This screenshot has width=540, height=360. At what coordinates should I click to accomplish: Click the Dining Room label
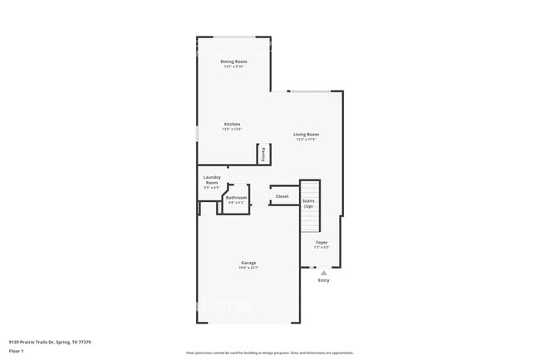click(233, 62)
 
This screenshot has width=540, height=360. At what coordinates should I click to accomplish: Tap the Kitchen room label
click(232, 124)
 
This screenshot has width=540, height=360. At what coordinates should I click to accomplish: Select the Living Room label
click(306, 134)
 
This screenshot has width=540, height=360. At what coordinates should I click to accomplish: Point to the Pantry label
click(264, 153)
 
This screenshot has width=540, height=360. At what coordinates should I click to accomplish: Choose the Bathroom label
click(236, 197)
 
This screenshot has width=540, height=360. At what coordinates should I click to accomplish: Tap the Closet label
click(282, 196)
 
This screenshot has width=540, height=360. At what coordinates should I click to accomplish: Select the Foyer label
click(322, 243)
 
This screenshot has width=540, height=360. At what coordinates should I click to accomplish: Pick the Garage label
click(248, 262)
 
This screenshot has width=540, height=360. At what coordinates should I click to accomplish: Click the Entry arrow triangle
click(324, 272)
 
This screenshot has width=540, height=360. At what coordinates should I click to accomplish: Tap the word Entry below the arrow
click(324, 280)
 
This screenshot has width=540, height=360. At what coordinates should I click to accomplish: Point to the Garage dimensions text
click(248, 268)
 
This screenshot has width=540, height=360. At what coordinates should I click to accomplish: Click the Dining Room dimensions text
click(233, 67)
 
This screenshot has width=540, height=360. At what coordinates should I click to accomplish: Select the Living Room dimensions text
click(306, 139)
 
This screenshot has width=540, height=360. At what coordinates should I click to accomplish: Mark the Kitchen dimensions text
click(232, 129)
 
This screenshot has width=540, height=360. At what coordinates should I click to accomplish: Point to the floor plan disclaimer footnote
click(269, 353)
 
